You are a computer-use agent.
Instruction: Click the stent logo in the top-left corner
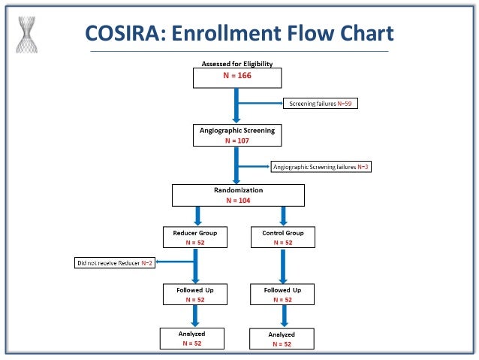28,32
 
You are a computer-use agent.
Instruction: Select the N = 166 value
237,77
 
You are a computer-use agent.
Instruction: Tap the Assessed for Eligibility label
237,65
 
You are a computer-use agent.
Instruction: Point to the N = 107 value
237,141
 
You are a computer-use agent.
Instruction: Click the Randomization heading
238,190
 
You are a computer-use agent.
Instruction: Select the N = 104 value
238,201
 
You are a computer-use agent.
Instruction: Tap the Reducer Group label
194,232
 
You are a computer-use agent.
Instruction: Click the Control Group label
282,232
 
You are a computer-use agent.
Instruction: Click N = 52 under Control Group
282,243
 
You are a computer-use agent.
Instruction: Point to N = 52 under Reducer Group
194,243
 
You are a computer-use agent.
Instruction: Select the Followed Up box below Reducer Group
194,294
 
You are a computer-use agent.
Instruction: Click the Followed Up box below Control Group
282,294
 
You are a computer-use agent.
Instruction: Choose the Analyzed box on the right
282,338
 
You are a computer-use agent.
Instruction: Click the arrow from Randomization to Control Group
283,216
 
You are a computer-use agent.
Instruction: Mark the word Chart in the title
359,33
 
